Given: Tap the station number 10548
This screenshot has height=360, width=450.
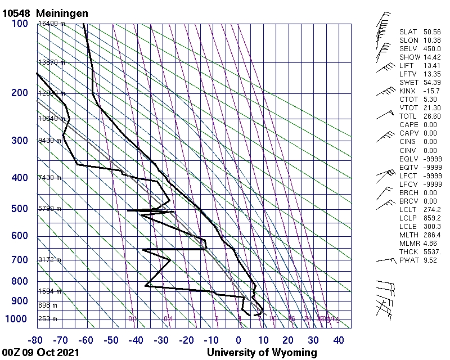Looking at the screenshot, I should click(16, 12).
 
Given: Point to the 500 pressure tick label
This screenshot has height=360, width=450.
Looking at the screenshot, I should click(20, 209).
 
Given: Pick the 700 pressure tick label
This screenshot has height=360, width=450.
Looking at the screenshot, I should click(20, 260).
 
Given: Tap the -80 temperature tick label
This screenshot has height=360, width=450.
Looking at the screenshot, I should click(37, 340).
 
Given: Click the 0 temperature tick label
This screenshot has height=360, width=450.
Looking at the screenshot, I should click(239, 340).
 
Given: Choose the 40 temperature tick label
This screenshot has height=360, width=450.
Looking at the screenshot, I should click(339, 340).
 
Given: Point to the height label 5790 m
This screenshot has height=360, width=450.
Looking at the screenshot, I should click(49, 209).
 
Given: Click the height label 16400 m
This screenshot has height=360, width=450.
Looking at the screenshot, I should click(51, 24).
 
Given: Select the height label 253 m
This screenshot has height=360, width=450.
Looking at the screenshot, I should click(47, 319).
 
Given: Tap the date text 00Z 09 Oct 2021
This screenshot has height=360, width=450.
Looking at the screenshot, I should click(40, 353).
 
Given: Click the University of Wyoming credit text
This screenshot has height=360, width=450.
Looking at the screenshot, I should click(262, 353).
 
